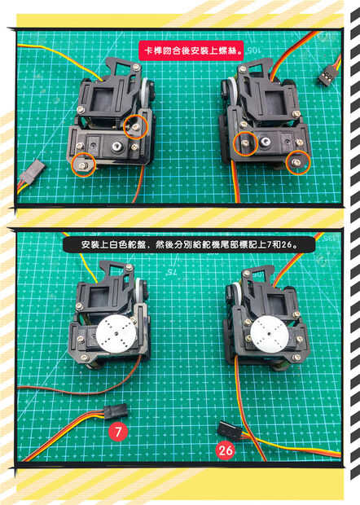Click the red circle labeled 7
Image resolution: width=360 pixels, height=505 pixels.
point(118,432)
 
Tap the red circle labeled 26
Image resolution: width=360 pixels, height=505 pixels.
point(226,450)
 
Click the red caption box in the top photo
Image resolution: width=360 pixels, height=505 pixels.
point(191,50)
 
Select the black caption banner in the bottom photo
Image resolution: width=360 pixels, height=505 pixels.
point(189,245)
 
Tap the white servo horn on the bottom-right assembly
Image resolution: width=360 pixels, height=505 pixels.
point(270,336)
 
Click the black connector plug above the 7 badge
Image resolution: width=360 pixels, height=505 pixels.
point(116,411)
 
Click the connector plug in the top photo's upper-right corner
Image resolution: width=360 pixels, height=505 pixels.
point(327,77)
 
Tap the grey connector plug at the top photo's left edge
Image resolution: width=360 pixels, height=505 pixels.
point(33,170)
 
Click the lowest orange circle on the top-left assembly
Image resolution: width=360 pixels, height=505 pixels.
point(84,165)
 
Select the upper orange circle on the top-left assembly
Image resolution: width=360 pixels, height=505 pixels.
point(135,127)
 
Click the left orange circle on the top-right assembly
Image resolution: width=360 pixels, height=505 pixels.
point(246,143)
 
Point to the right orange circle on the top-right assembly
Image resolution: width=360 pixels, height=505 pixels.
point(298,162)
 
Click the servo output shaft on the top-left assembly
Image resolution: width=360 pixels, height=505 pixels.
point(116,147)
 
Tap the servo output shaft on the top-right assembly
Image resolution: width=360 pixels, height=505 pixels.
point(266,141)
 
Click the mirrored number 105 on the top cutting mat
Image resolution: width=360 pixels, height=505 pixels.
point(254,50)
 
